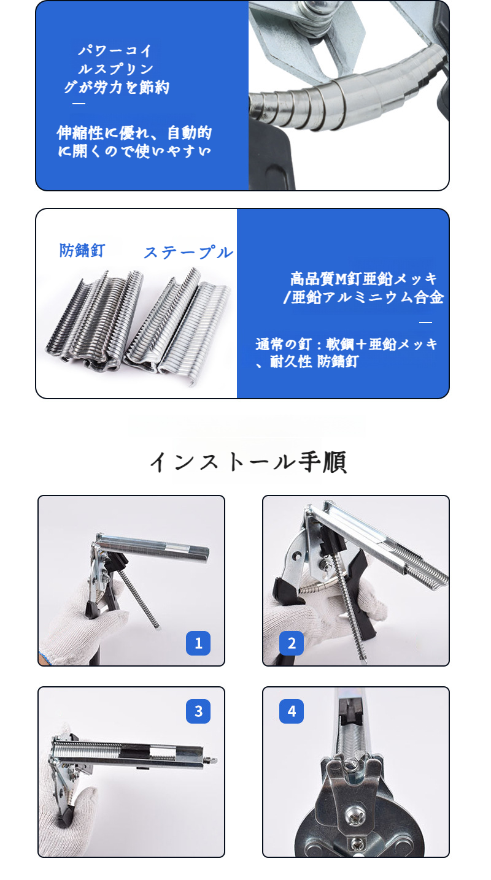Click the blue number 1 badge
(x=198, y=643)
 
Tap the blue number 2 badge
(x=292, y=643)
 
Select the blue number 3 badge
(x=198, y=711)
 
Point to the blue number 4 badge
(x=292, y=711)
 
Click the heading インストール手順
(x=249, y=462)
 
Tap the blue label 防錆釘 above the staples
(x=82, y=250)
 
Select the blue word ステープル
(x=188, y=252)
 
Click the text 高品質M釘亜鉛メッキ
(x=364, y=279)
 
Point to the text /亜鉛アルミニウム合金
(x=363, y=298)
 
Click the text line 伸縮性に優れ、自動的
(x=134, y=132)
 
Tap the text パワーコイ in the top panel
(x=115, y=51)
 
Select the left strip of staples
(x=92, y=322)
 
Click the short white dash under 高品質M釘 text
(x=425, y=322)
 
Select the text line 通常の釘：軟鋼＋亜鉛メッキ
(x=347, y=344)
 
